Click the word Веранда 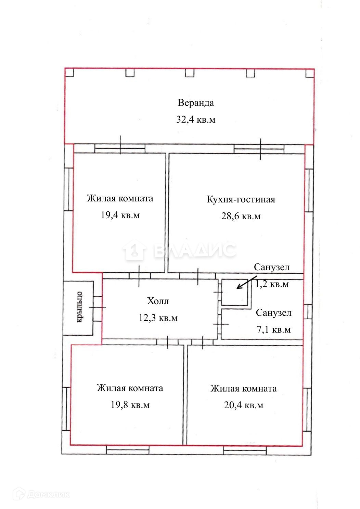coord(196,103)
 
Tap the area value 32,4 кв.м coord(196,120)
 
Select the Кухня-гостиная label coord(241,199)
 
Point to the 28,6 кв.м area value coord(241,216)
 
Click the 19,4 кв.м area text coord(120,215)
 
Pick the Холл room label coord(158,301)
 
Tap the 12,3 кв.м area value coord(158,318)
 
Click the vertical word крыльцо coord(79,307)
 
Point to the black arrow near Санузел coord(247,283)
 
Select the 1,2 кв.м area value coord(272,284)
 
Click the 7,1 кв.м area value coord(274,330)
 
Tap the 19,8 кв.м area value coord(130,405)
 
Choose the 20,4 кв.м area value coord(244,405)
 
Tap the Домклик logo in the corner coord(41,494)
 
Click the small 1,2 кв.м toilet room coord(235,292)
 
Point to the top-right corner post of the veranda coord(310,73)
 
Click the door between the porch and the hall coord(98,308)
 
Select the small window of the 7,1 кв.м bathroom coord(308,312)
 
